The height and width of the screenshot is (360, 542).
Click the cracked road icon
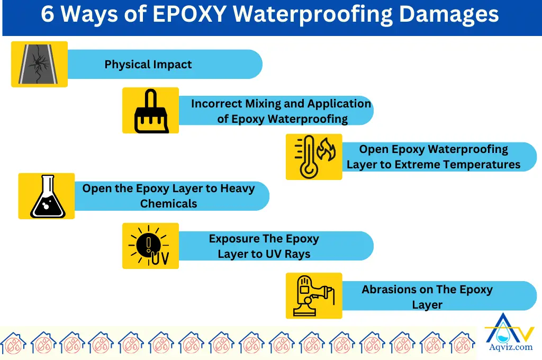tap(40, 64)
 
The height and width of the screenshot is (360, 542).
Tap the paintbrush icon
tap(150, 111)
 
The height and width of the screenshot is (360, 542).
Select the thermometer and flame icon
tap(314, 157)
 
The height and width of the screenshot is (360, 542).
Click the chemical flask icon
tap(47, 196)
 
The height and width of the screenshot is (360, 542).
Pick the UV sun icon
tap(150, 246)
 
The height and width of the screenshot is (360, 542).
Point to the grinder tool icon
tap(314, 296)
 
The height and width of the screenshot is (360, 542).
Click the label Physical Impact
tap(148, 65)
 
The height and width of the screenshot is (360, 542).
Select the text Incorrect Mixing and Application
tap(281, 104)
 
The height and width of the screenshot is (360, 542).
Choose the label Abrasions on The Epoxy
tap(427, 290)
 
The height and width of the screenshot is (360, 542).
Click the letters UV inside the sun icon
tap(159, 259)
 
